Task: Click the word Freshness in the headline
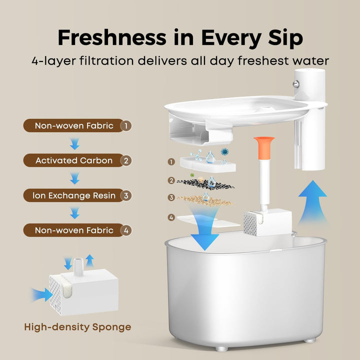(112, 37)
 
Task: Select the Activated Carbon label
(74, 160)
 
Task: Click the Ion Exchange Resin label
(74, 195)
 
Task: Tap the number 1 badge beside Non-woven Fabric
(126, 126)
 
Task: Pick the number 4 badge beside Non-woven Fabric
(126, 230)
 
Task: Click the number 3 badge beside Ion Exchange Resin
(126, 195)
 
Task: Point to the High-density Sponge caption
(77, 327)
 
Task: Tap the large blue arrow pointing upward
(312, 202)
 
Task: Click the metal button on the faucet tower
(296, 84)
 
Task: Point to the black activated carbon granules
(205, 183)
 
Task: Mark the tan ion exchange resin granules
(205, 200)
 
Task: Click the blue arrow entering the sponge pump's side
(42, 295)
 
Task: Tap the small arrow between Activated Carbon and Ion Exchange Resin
(75, 178)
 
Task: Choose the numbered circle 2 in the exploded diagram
(171, 180)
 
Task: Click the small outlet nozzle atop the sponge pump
(78, 267)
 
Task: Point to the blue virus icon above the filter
(224, 152)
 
